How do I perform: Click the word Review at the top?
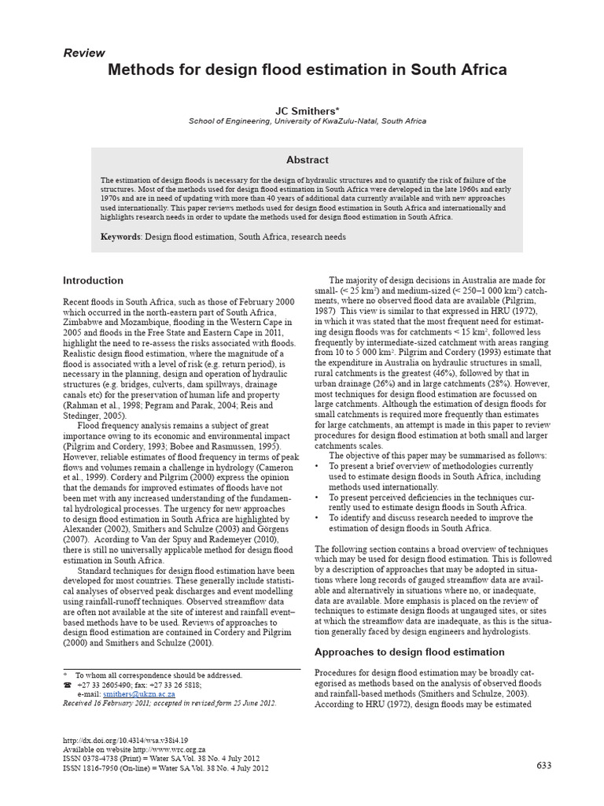click(x=83, y=53)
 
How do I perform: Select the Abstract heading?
click(x=307, y=160)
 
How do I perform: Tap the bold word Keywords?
click(x=122, y=236)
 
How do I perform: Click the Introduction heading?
click(x=93, y=280)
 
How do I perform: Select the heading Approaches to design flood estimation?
click(x=409, y=652)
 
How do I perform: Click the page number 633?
click(x=545, y=766)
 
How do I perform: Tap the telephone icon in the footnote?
click(x=67, y=685)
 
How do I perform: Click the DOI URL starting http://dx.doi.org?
click(x=125, y=741)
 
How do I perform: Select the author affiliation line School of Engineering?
click(x=307, y=121)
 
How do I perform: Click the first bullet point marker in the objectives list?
click(x=317, y=465)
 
